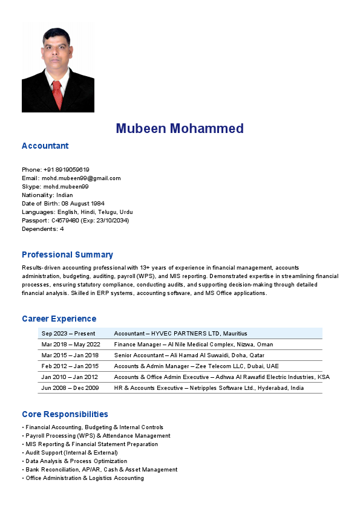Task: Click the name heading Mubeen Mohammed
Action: click(180, 128)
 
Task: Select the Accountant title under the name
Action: click(45, 146)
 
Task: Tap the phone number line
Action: click(56, 170)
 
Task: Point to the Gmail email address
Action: click(71, 178)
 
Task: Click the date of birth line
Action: click(63, 204)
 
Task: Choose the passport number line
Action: click(75, 221)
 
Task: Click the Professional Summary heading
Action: click(67, 254)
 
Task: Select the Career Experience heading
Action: click(59, 319)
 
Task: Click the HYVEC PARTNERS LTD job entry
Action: click(180, 334)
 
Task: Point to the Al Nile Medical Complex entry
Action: click(193, 345)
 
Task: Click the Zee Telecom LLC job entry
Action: click(196, 366)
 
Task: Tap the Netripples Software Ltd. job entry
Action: click(209, 388)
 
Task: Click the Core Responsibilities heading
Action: click(65, 414)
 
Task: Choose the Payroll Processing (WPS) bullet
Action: click(97, 436)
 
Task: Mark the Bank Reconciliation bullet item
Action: click(101, 470)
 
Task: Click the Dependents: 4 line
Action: click(43, 229)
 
